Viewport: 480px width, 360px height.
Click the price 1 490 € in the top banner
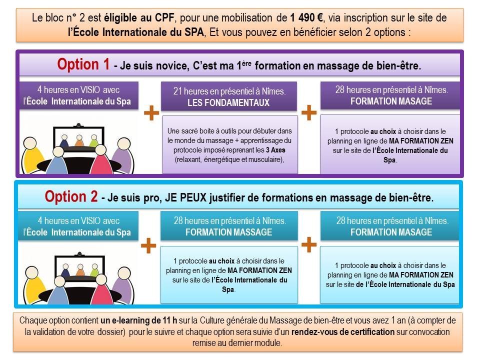point(306,18)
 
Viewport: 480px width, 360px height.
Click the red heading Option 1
point(83,64)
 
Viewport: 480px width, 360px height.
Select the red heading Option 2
point(71,196)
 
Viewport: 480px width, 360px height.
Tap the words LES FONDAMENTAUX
point(228,102)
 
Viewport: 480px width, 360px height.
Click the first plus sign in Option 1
point(151,113)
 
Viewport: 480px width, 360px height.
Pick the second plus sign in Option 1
point(309,112)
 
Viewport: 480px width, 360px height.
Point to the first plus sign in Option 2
point(148,245)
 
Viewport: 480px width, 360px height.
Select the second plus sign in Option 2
point(309,245)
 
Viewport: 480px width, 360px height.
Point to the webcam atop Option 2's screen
point(80,254)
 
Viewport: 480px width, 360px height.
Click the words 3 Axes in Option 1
point(275,150)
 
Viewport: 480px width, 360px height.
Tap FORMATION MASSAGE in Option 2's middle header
point(228,232)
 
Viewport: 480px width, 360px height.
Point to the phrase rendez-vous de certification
point(343,332)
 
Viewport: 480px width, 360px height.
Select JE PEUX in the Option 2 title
point(186,198)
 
